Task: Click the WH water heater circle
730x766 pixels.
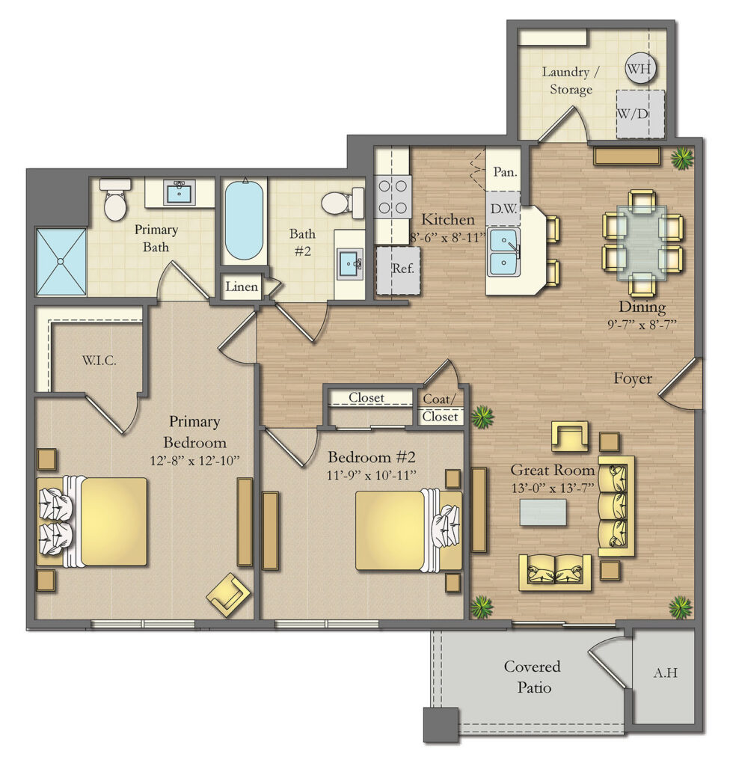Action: pyautogui.click(x=639, y=69)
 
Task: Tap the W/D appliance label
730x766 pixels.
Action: pyautogui.click(x=632, y=114)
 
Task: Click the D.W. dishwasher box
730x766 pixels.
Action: pyautogui.click(x=504, y=209)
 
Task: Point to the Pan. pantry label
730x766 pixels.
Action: pyautogui.click(x=505, y=171)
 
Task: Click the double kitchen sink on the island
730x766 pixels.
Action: pyautogui.click(x=506, y=250)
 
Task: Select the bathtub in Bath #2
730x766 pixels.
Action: pyautogui.click(x=244, y=221)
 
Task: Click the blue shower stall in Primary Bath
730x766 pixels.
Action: pyautogui.click(x=61, y=261)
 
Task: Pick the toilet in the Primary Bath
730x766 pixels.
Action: pyautogui.click(x=115, y=200)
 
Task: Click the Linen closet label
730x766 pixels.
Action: pyautogui.click(x=241, y=287)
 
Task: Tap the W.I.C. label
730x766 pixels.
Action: pyautogui.click(x=99, y=361)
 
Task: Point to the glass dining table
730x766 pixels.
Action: pyautogui.click(x=642, y=242)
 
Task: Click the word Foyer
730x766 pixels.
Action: pyautogui.click(x=633, y=379)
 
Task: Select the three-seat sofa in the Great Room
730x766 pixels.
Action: pyautogui.click(x=616, y=506)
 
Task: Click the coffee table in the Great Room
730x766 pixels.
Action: pyautogui.click(x=543, y=512)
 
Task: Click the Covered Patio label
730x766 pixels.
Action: pyautogui.click(x=532, y=676)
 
